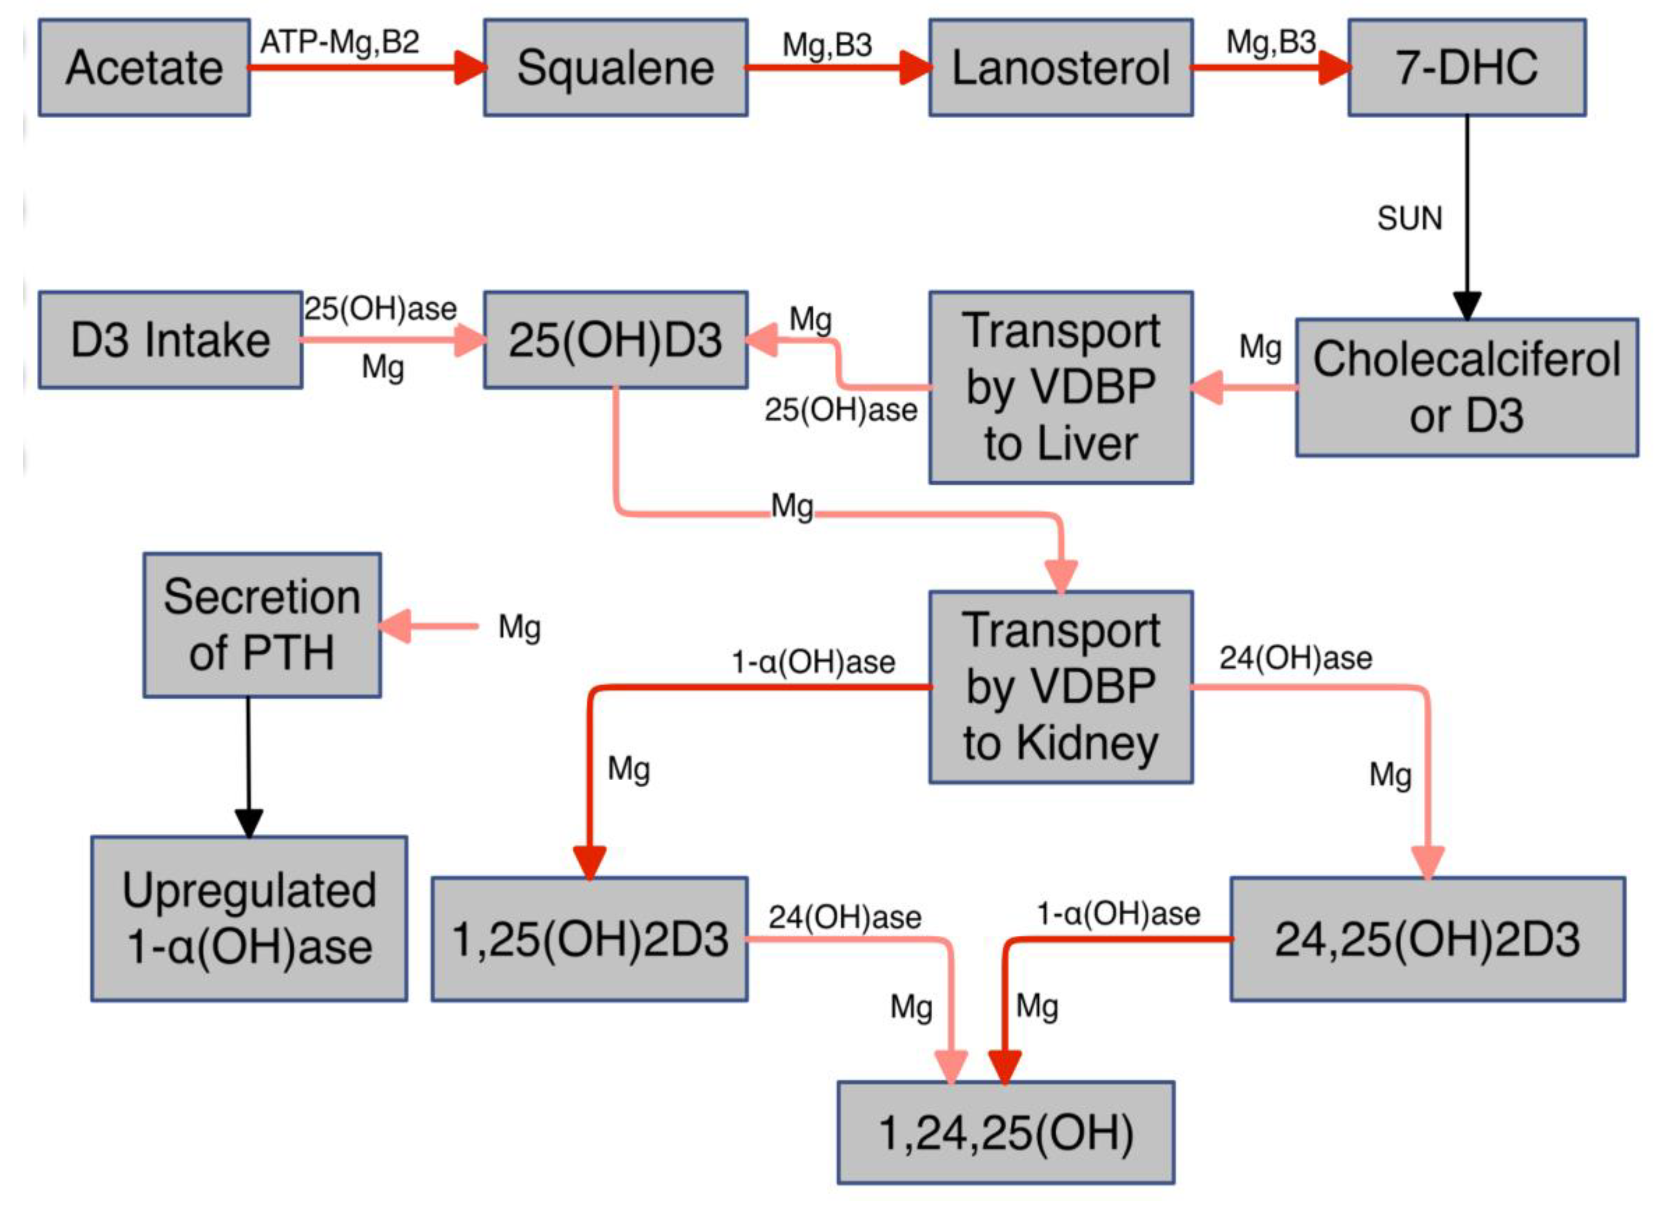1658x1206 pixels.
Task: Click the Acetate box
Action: coord(144,67)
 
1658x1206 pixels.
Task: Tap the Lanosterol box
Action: coord(1060,67)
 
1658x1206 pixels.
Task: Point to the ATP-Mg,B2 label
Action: coord(340,42)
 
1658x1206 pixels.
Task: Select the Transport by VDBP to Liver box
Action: coord(1060,388)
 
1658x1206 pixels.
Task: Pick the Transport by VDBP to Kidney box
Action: coord(1060,688)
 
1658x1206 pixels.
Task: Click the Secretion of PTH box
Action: coord(262,625)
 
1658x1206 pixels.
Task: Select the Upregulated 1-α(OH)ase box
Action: coord(249,918)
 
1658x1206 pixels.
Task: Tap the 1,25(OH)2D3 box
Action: coord(589,939)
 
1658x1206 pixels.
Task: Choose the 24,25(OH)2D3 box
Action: coord(1427,939)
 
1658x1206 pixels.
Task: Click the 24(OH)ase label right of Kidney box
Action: coord(1295,658)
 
